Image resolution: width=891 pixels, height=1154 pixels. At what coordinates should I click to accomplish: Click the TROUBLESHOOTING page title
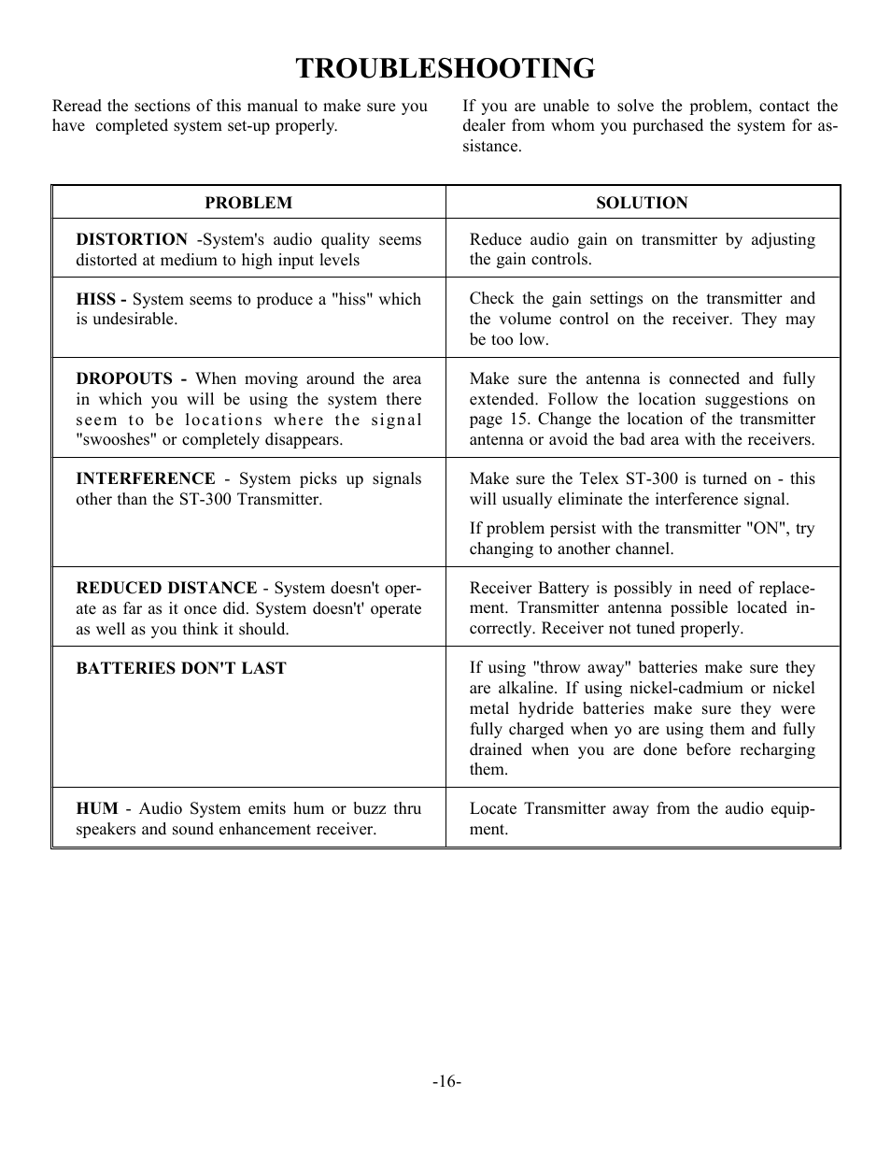point(445,68)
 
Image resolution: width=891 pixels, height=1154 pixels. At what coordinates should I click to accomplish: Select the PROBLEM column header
point(248,203)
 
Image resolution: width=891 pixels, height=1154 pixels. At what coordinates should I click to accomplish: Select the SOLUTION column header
point(642,203)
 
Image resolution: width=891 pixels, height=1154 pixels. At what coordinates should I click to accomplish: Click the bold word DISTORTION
point(132,239)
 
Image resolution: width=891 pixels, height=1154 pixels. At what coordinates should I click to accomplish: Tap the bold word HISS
point(95,299)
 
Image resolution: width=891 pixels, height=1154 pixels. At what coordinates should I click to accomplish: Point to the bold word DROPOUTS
point(125,378)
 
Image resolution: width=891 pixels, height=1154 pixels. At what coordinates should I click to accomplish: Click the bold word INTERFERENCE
point(146,478)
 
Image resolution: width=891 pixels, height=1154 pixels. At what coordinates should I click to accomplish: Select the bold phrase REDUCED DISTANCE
point(166,588)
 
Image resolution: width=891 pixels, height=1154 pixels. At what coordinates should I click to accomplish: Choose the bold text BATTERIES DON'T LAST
point(181,668)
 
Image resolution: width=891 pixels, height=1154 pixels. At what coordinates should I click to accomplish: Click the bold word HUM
point(96,808)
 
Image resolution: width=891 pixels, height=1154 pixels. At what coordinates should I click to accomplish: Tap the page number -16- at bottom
point(446,1081)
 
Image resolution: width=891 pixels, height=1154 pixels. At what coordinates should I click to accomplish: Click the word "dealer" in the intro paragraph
point(486,126)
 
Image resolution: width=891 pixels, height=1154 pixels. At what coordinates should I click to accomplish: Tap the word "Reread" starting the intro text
point(78,106)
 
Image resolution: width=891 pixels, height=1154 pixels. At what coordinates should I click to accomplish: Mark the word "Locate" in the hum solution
point(493,808)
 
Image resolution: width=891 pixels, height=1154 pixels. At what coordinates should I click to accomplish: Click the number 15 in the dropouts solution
point(519,420)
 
